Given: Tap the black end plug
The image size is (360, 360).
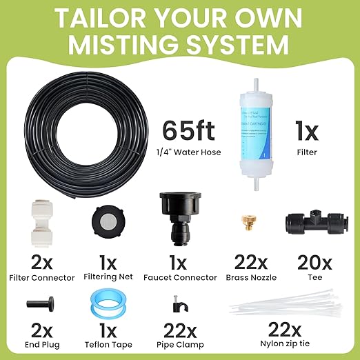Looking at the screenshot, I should click(x=36, y=304).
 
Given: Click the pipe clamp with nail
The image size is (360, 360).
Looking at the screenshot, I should click(x=179, y=303).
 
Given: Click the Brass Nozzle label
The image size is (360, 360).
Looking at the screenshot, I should click(x=245, y=279).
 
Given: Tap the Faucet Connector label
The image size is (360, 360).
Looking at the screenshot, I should click(x=179, y=279).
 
